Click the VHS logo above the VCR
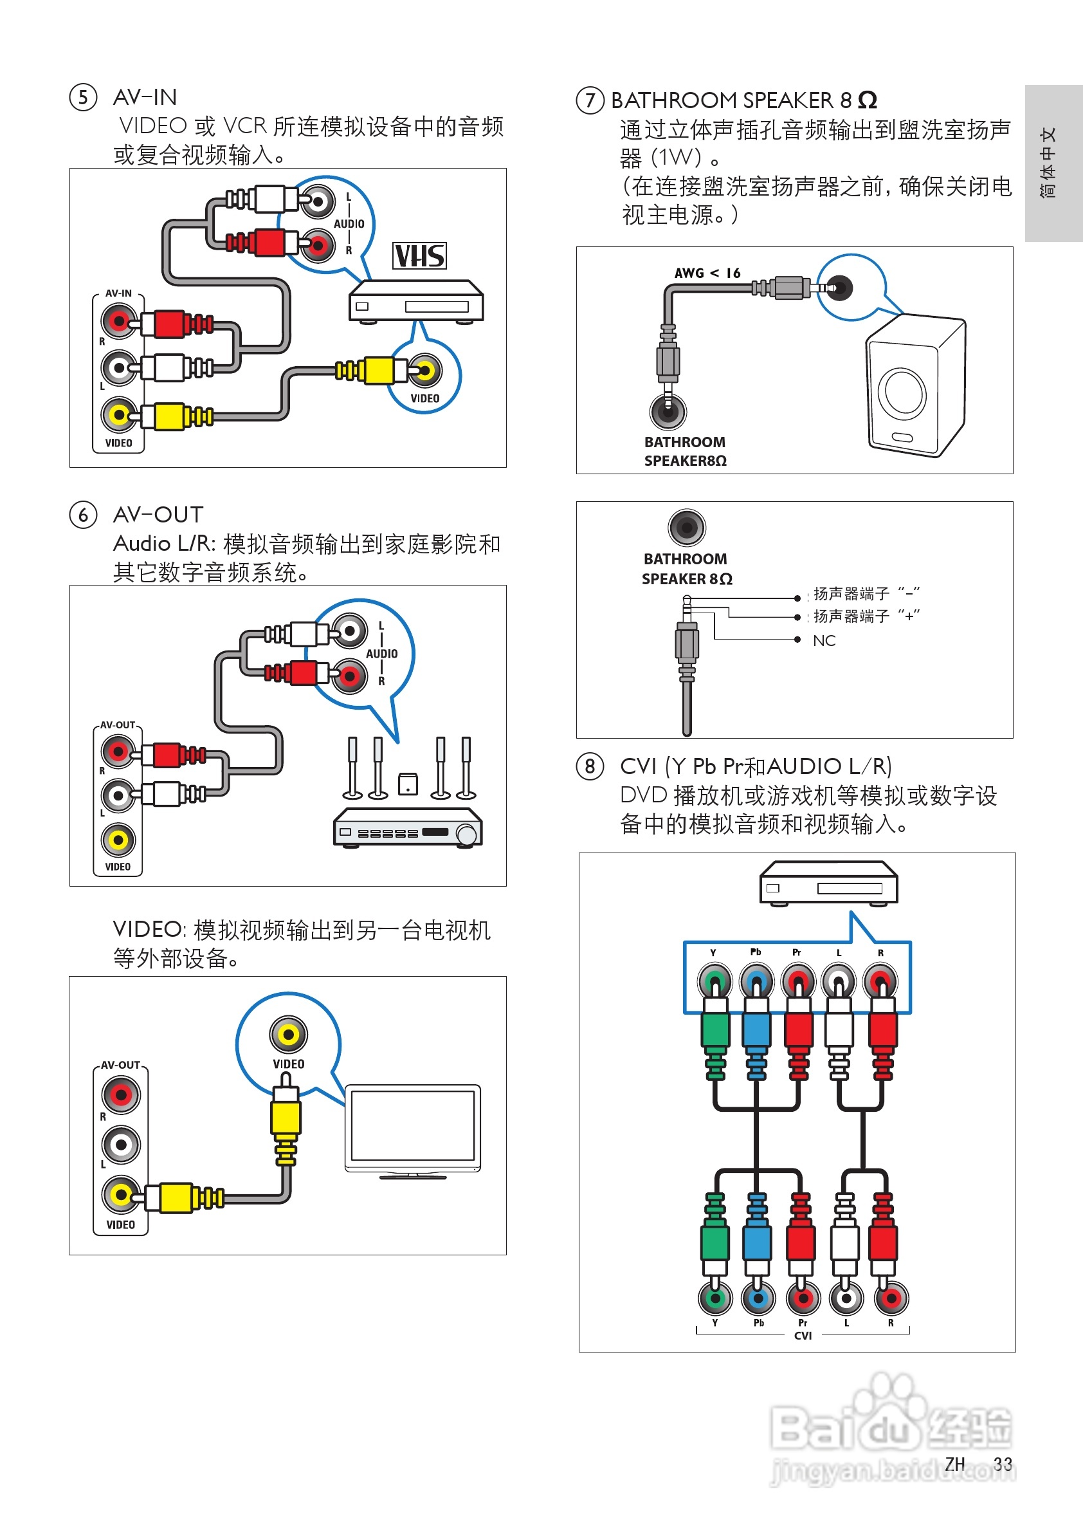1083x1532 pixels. (x=419, y=255)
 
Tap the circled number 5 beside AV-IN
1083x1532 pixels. (x=84, y=97)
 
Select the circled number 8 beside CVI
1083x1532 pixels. (x=590, y=766)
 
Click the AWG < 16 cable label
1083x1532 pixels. (x=707, y=273)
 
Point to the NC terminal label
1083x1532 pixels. (x=824, y=641)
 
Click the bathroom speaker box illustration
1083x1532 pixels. (x=915, y=387)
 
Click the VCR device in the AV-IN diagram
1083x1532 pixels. (x=416, y=302)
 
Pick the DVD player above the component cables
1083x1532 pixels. (x=828, y=883)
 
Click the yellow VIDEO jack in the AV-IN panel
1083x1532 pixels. (x=119, y=415)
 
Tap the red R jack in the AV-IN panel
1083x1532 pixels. (x=119, y=321)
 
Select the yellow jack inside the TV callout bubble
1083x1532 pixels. (x=288, y=1035)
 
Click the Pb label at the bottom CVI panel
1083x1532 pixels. (x=758, y=1322)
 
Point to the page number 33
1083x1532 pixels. (x=1003, y=1464)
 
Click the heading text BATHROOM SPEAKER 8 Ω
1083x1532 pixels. (x=743, y=100)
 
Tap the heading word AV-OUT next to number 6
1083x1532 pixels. (x=158, y=515)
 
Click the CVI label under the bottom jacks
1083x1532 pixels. (x=803, y=1336)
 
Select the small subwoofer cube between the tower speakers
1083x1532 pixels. (x=408, y=784)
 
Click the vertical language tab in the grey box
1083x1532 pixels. (x=1048, y=163)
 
